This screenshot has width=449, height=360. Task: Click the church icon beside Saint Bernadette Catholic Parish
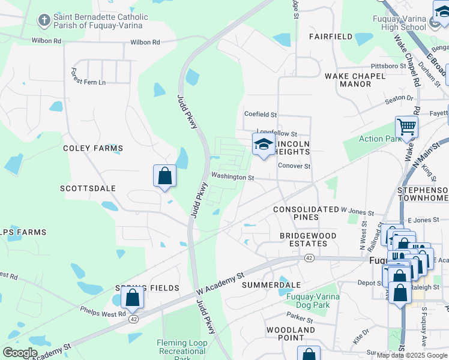point(44,21)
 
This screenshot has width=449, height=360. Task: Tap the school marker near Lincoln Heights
point(264,145)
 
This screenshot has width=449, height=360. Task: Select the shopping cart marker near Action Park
point(406,127)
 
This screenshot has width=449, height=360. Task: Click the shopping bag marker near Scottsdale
point(164,176)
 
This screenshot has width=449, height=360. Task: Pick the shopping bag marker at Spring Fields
point(132,297)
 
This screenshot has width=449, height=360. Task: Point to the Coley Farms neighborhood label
point(93,148)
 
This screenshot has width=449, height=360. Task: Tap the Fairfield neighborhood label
point(331,37)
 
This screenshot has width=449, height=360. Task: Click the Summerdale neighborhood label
point(271,285)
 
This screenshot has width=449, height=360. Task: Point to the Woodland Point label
point(291,334)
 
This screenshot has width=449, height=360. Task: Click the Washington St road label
point(233,178)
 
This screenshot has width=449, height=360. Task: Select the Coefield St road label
point(260,114)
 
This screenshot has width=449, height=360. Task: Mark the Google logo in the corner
point(20,353)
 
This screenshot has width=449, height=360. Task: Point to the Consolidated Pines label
point(306,213)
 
